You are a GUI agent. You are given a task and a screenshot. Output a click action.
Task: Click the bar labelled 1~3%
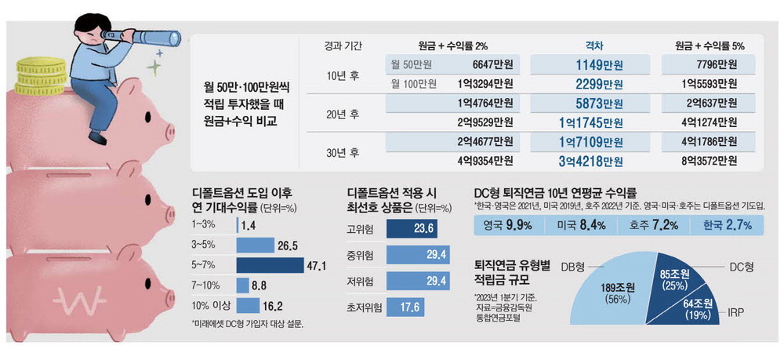pos(238,225)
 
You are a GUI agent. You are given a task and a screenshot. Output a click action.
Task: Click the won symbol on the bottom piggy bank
pos(78,299)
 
